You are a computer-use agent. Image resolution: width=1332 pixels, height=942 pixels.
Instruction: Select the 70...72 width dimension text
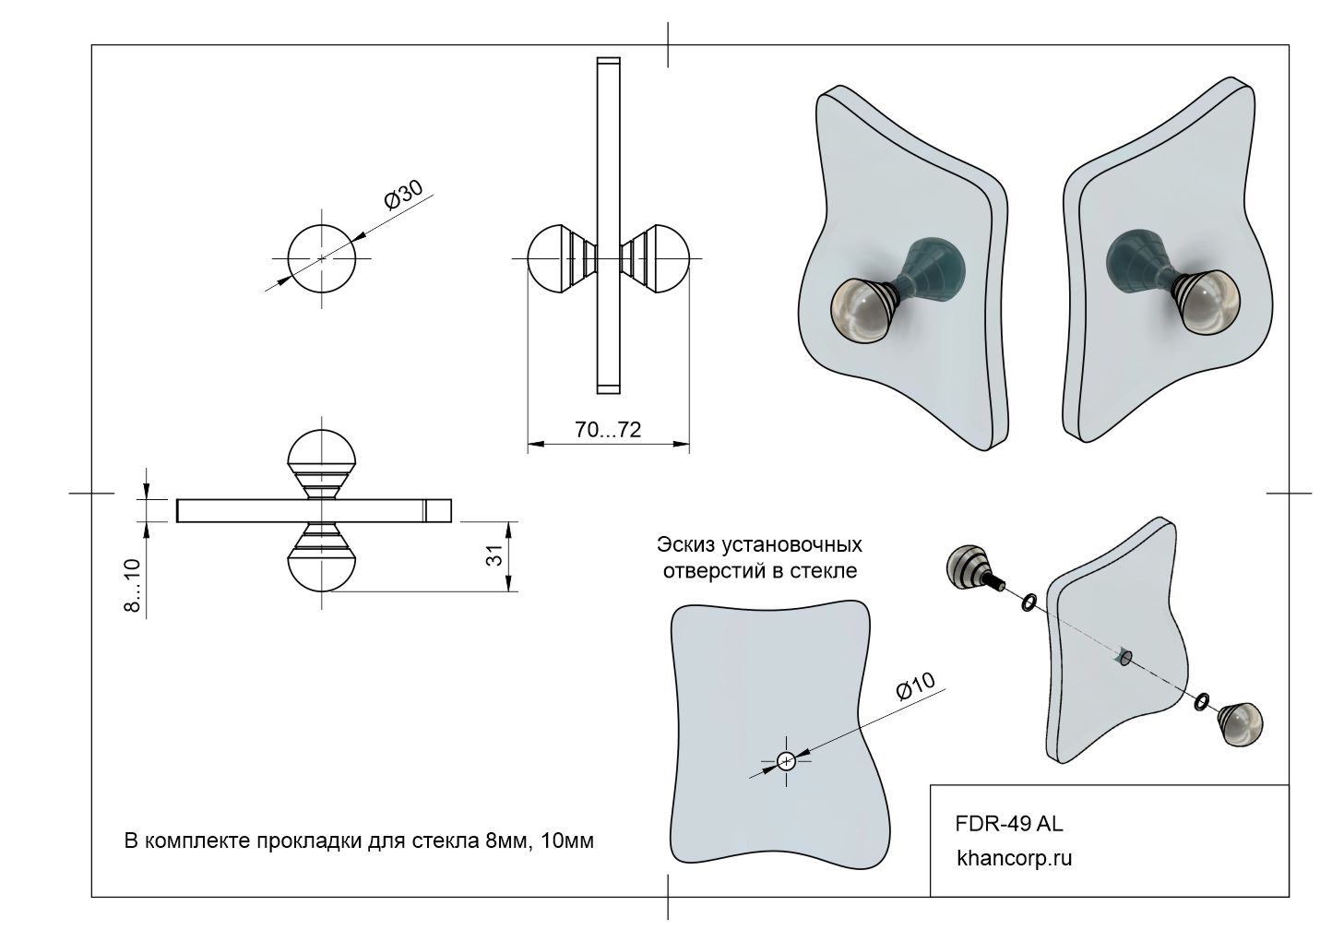coord(608,429)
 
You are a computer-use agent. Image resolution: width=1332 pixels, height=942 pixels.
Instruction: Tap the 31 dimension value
coord(494,555)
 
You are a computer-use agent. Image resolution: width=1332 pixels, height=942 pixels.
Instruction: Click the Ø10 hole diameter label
coord(915,687)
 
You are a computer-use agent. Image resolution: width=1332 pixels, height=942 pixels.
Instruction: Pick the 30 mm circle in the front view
coord(321,258)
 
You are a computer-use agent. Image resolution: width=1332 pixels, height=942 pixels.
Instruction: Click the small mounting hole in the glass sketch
coord(786,761)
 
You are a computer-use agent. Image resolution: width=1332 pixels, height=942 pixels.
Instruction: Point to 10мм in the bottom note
coord(565,841)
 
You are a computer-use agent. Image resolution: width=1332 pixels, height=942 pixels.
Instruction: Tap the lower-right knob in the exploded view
coord(1240,723)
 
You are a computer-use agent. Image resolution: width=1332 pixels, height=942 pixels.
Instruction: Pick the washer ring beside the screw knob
coord(1027,603)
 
